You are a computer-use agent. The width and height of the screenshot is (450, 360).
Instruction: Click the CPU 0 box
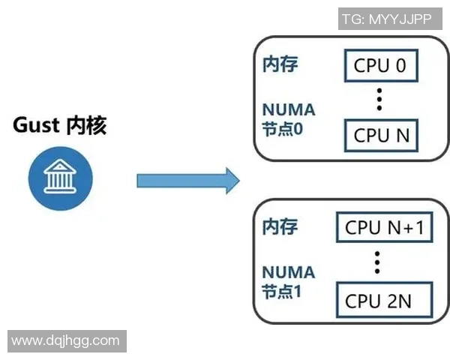click(380, 66)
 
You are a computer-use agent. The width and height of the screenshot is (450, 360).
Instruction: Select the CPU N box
click(381, 136)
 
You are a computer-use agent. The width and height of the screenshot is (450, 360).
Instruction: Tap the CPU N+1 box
click(383, 227)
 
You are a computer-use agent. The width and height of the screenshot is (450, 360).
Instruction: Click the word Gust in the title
click(36, 125)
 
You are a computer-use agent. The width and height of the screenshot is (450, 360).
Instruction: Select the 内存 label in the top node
click(280, 64)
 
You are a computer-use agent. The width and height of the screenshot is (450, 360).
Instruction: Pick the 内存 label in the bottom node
click(280, 226)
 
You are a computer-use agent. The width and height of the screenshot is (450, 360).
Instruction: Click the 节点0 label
click(282, 128)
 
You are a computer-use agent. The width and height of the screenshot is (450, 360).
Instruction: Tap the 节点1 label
click(282, 291)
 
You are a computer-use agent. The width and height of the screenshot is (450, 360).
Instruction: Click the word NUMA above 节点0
click(288, 110)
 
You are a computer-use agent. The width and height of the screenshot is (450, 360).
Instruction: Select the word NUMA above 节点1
click(288, 272)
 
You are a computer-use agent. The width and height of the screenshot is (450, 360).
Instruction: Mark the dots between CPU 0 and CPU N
click(379, 99)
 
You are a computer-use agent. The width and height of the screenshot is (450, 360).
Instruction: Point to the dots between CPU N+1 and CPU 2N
click(378, 262)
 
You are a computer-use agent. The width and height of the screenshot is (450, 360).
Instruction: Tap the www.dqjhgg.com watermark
click(66, 340)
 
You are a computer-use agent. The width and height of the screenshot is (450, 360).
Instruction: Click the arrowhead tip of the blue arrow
click(237, 181)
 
